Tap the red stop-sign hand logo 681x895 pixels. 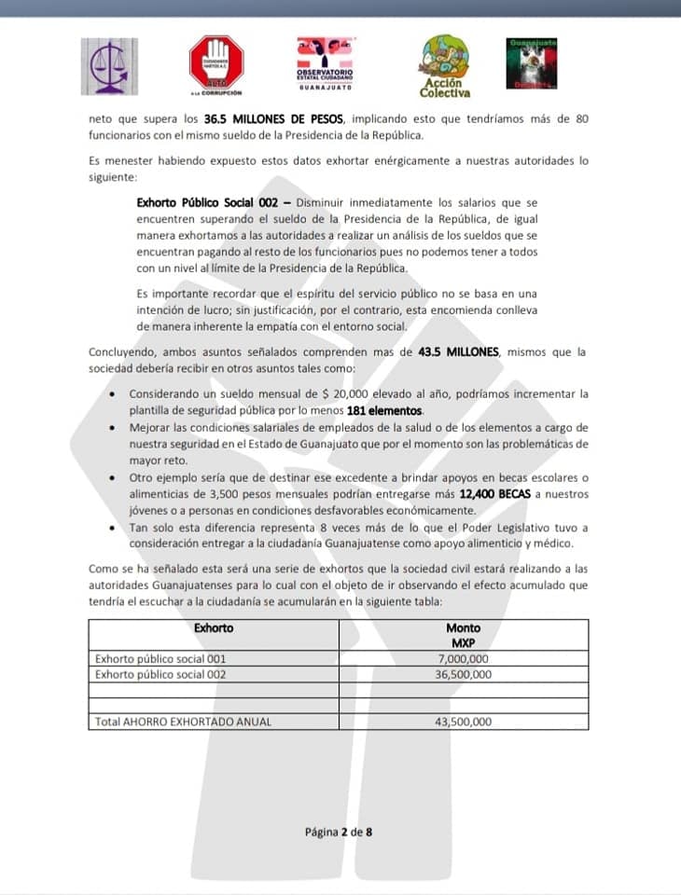click(215, 64)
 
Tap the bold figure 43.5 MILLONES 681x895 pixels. click(446, 352)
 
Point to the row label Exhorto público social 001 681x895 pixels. click(160, 658)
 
